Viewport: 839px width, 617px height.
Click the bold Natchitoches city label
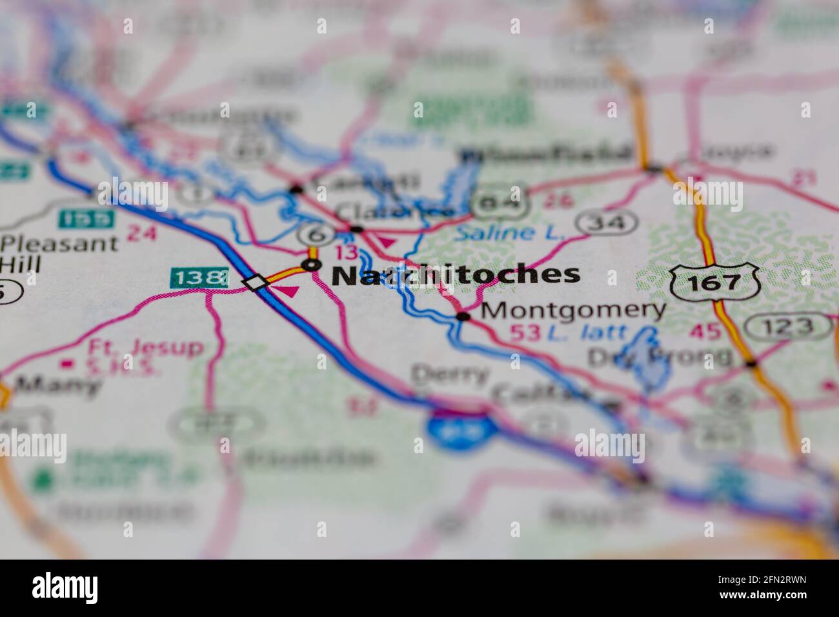pos(456,275)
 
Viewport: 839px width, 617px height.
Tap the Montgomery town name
pos(573,310)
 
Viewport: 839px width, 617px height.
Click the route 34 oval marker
pos(607,223)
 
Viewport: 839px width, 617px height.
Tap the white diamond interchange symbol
pos(256,283)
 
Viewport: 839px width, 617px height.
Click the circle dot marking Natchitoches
pos(312,265)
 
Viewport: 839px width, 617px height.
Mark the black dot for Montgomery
pos(463,316)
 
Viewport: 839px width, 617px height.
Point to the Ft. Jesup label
pos(145,348)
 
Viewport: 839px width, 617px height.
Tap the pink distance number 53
pos(525,332)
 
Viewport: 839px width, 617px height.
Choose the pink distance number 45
pos(705,332)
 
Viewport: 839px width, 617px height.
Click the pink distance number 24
pos(141,232)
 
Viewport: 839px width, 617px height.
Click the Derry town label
pos(450,374)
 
